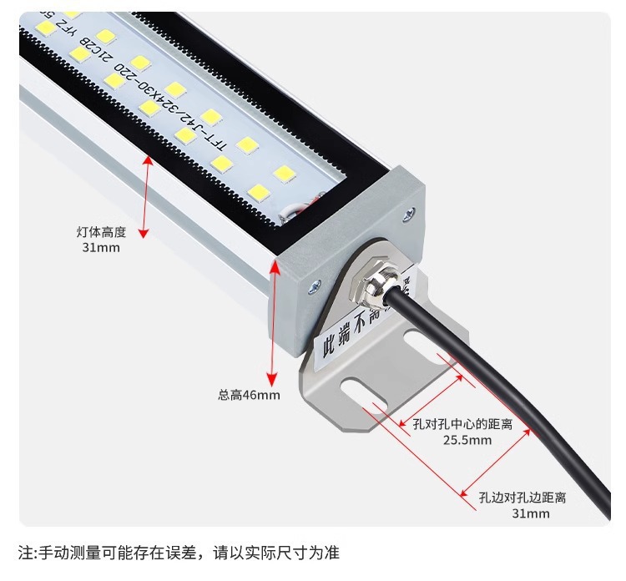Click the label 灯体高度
(x=100, y=232)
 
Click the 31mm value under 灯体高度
(x=100, y=248)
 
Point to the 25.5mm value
(x=467, y=440)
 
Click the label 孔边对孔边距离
(x=523, y=498)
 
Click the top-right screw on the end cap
(x=408, y=214)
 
